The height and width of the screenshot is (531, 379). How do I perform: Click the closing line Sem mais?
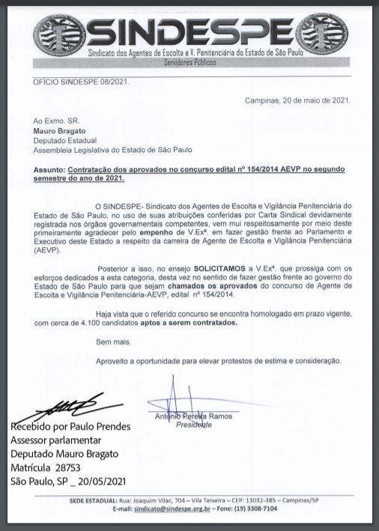pyautogui.click(x=112, y=342)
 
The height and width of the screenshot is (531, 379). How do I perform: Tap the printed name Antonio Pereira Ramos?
pyautogui.click(x=187, y=416)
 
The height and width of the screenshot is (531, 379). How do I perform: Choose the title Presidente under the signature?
pyautogui.click(x=193, y=425)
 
